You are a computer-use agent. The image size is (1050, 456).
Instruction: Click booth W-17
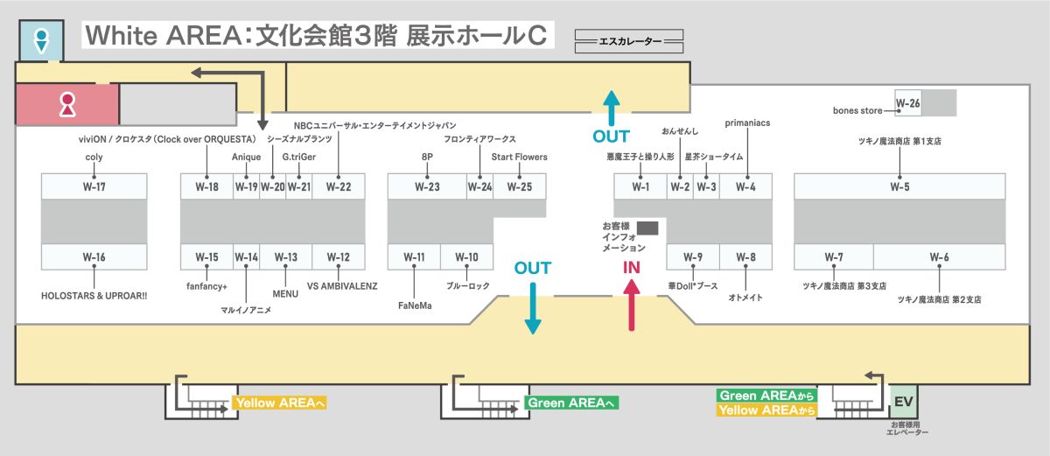click(94, 186)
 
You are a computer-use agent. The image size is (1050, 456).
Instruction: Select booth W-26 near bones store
click(908, 103)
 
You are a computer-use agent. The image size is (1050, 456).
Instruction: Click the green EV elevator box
click(903, 402)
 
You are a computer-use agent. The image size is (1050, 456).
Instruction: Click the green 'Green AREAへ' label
click(571, 403)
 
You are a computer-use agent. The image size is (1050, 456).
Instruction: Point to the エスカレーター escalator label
click(629, 40)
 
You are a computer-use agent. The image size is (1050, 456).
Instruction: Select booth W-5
click(899, 186)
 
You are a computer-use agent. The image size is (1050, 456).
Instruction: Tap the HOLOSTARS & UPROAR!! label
click(94, 296)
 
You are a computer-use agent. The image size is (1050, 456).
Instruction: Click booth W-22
click(339, 186)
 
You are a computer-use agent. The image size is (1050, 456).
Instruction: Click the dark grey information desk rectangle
click(647, 228)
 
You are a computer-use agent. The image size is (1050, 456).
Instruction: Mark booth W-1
click(640, 186)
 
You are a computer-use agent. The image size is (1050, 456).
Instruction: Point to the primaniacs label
click(747, 123)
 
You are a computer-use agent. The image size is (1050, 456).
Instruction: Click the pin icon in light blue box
click(40, 39)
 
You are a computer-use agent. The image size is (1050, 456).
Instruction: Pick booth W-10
click(467, 256)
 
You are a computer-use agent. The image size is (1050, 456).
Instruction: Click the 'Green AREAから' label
click(766, 396)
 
